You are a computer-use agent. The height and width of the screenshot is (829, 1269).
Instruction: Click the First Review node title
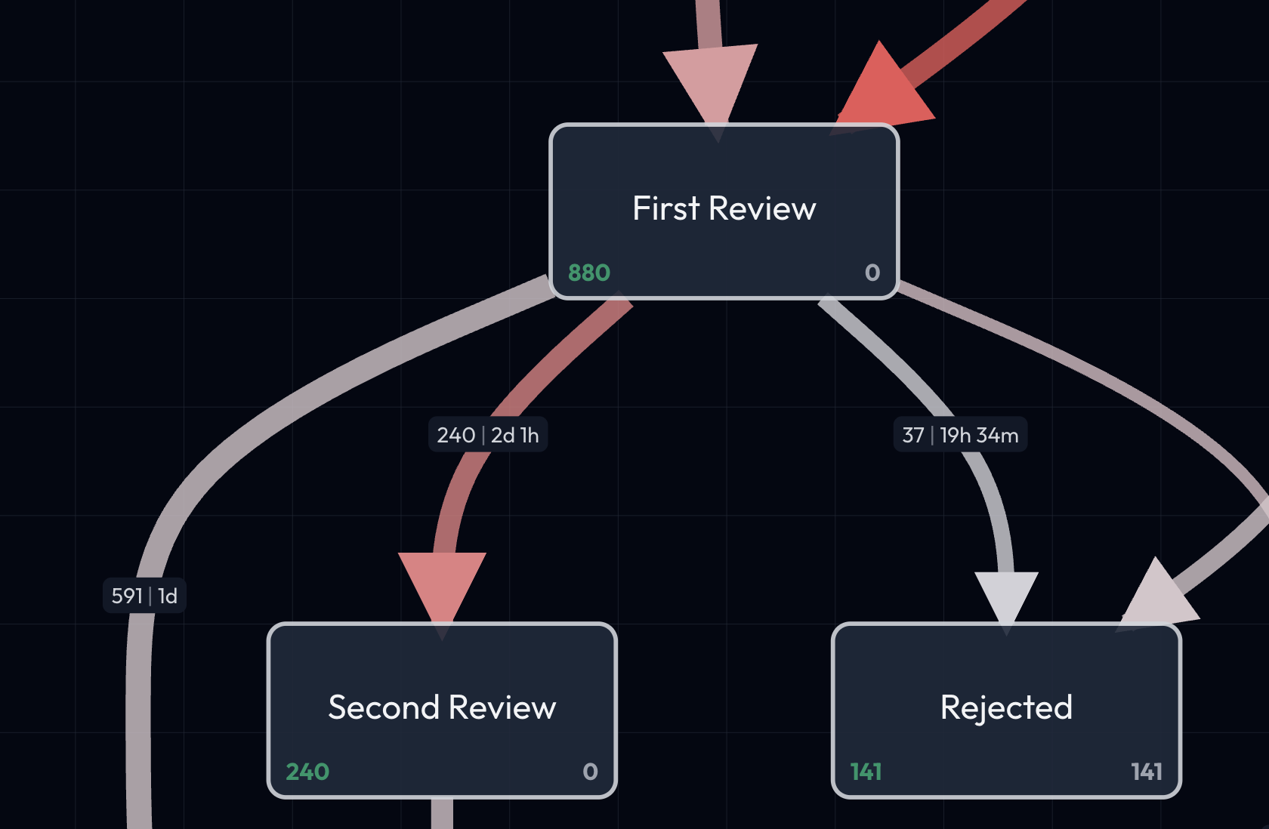[724, 208]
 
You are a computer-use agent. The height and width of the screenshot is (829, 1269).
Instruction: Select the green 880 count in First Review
[588, 273]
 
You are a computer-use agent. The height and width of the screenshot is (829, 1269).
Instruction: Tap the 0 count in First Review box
[872, 273]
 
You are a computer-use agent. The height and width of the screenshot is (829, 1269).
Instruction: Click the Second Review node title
[442, 707]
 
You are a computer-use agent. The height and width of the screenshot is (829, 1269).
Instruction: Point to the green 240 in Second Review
[307, 772]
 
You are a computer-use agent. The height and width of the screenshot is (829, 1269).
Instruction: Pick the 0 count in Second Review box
[590, 772]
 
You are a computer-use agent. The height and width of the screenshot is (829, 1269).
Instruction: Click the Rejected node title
[1006, 707]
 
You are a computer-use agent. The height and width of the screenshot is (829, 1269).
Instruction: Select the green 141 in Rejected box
[866, 772]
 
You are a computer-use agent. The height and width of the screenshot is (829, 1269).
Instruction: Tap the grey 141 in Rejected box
[1146, 772]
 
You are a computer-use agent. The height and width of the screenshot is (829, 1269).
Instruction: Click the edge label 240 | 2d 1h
[488, 435]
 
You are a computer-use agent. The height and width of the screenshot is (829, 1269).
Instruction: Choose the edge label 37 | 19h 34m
[960, 435]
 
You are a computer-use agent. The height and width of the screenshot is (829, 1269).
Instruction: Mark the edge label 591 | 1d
[144, 596]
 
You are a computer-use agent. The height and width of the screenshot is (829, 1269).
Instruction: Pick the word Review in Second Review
[502, 707]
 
